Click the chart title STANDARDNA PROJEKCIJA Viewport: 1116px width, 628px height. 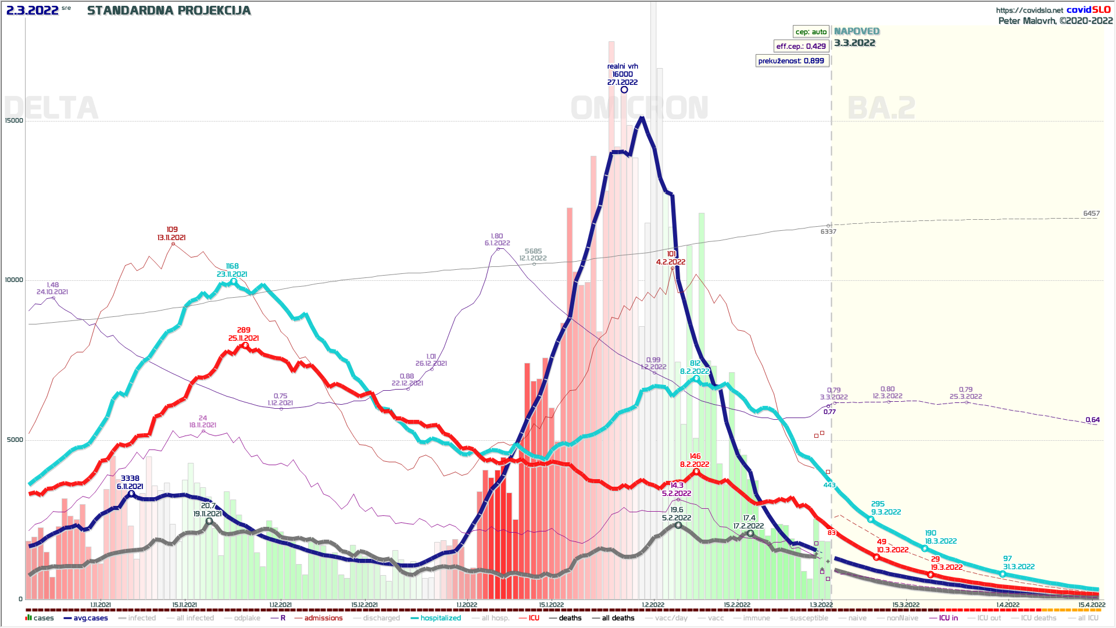(x=169, y=10)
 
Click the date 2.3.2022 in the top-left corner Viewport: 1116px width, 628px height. (x=33, y=10)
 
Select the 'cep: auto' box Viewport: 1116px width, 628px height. (x=811, y=31)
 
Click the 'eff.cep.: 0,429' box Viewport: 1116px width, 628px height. (x=800, y=46)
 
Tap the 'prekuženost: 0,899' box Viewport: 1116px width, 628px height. (x=791, y=60)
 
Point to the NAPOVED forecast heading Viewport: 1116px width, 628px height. (x=856, y=31)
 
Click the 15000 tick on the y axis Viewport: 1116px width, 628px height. (x=14, y=121)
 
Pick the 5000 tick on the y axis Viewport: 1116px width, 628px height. (x=15, y=440)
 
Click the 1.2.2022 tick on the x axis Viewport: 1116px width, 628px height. (x=653, y=605)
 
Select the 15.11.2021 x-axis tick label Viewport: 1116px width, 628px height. (x=184, y=605)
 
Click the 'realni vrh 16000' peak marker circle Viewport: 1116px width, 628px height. (x=624, y=90)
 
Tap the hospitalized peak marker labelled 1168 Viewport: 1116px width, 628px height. (x=234, y=281)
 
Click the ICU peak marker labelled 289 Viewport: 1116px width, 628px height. (x=245, y=345)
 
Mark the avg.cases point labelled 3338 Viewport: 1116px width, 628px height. (x=131, y=494)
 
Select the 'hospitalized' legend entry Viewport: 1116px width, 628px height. (x=440, y=618)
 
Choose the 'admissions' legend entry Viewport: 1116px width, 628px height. (x=323, y=618)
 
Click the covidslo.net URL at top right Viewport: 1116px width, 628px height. (x=1029, y=10)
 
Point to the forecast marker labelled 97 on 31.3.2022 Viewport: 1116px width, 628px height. (x=1003, y=574)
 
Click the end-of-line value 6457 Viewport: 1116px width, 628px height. (x=1091, y=213)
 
